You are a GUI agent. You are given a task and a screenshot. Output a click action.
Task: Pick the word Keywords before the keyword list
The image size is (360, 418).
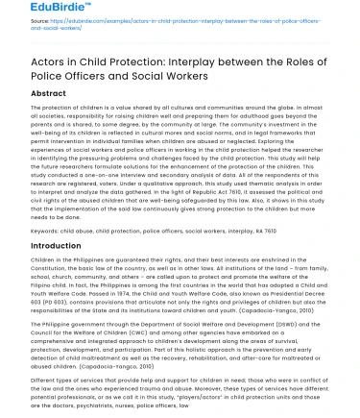pos(45,231)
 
